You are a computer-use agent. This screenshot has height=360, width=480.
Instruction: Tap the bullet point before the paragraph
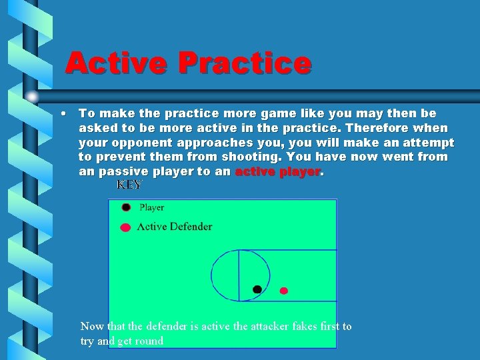(61, 113)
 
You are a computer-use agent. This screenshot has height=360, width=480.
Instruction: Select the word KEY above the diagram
(129, 185)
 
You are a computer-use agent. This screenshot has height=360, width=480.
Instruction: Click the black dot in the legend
(126, 207)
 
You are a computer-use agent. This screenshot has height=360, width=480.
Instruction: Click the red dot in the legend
(125, 227)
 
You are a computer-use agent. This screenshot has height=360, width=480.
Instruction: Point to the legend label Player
(151, 207)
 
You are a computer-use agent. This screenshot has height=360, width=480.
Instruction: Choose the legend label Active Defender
(174, 227)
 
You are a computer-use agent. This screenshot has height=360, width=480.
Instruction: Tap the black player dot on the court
(257, 289)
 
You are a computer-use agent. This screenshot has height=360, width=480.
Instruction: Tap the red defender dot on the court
(283, 291)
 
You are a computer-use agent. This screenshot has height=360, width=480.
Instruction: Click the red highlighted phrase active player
(278, 172)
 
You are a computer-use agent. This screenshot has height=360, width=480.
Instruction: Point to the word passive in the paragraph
(122, 172)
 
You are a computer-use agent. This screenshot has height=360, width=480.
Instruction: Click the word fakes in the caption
(299, 327)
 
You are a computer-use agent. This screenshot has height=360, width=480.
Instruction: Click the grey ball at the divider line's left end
(32, 97)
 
